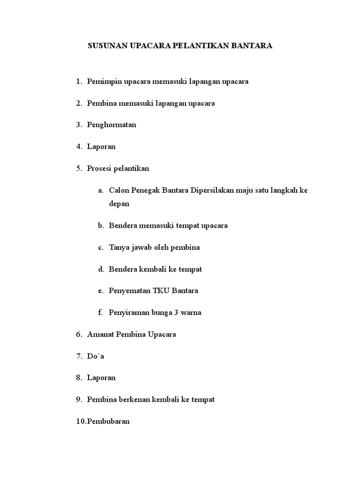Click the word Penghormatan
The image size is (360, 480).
(x=112, y=125)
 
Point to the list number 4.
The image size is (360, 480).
(x=78, y=146)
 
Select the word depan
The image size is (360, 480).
(x=119, y=204)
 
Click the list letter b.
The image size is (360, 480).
(x=100, y=225)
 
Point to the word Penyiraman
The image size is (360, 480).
(x=128, y=312)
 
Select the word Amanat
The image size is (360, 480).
(x=100, y=334)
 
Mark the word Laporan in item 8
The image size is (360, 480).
(x=101, y=377)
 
